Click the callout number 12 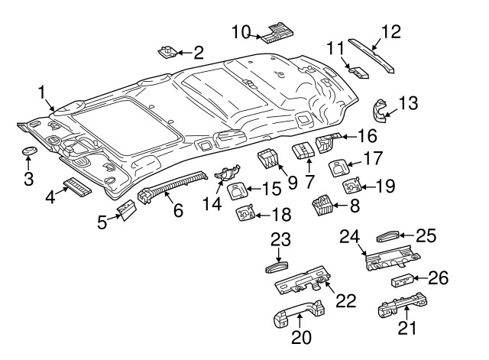click(x=390, y=33)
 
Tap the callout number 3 click(x=28, y=179)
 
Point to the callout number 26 click(x=437, y=277)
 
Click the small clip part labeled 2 click(x=166, y=52)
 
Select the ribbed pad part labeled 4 click(x=76, y=185)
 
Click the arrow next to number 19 click(x=368, y=185)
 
